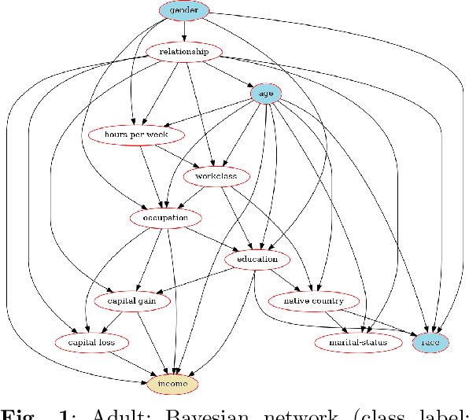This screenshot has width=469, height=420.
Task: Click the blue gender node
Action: point(184,10)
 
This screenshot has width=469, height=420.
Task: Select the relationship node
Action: point(183,52)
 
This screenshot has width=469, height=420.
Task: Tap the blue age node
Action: point(266,94)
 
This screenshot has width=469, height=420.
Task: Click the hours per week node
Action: point(138,134)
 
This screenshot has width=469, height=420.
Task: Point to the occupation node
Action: point(165,218)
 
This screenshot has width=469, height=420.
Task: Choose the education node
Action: point(257,259)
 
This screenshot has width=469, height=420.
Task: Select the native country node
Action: point(307,300)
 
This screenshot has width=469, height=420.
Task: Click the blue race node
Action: point(430,342)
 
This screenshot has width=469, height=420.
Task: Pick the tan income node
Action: point(172,383)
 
